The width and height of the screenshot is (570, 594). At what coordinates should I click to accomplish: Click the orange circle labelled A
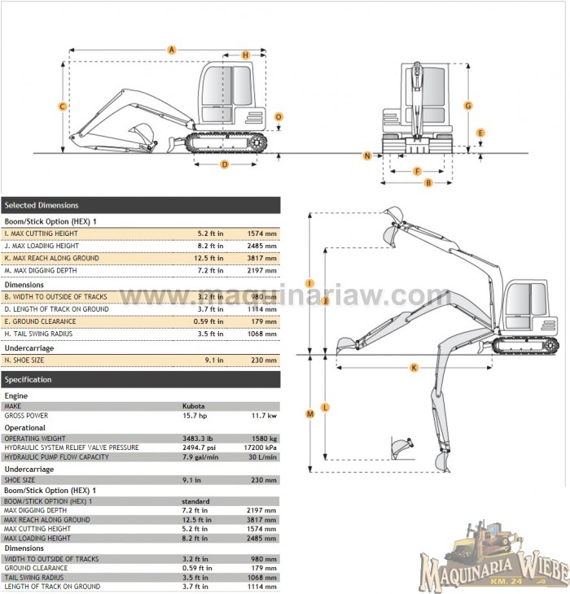(172, 50)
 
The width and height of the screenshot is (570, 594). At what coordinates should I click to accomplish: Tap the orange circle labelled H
(245, 55)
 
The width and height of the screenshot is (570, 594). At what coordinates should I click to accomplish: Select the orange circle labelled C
(63, 106)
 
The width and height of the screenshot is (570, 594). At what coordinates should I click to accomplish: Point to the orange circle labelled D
(225, 164)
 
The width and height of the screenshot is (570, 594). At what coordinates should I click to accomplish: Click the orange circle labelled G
(468, 105)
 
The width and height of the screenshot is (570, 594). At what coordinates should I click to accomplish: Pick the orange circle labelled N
(367, 155)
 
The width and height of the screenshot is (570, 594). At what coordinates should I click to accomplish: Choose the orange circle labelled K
(414, 368)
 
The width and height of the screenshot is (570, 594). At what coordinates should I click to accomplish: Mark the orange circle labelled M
(309, 413)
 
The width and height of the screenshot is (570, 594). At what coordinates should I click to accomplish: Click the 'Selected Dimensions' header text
(42, 205)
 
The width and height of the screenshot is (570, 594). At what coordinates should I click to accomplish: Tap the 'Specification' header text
(28, 379)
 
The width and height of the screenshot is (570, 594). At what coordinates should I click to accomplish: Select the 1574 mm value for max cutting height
(262, 234)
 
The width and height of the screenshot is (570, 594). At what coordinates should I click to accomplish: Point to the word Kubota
(193, 405)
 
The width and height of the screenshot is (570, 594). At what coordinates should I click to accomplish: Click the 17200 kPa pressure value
(261, 448)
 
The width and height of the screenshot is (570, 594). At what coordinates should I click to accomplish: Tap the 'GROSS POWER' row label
(26, 415)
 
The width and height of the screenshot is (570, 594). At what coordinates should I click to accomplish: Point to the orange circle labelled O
(278, 117)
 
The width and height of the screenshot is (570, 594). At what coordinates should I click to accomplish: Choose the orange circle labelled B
(427, 182)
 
